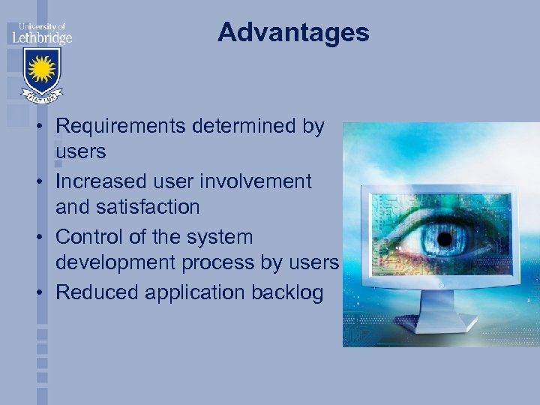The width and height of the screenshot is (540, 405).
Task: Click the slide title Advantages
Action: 293,32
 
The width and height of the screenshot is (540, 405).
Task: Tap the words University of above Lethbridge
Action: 40,25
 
